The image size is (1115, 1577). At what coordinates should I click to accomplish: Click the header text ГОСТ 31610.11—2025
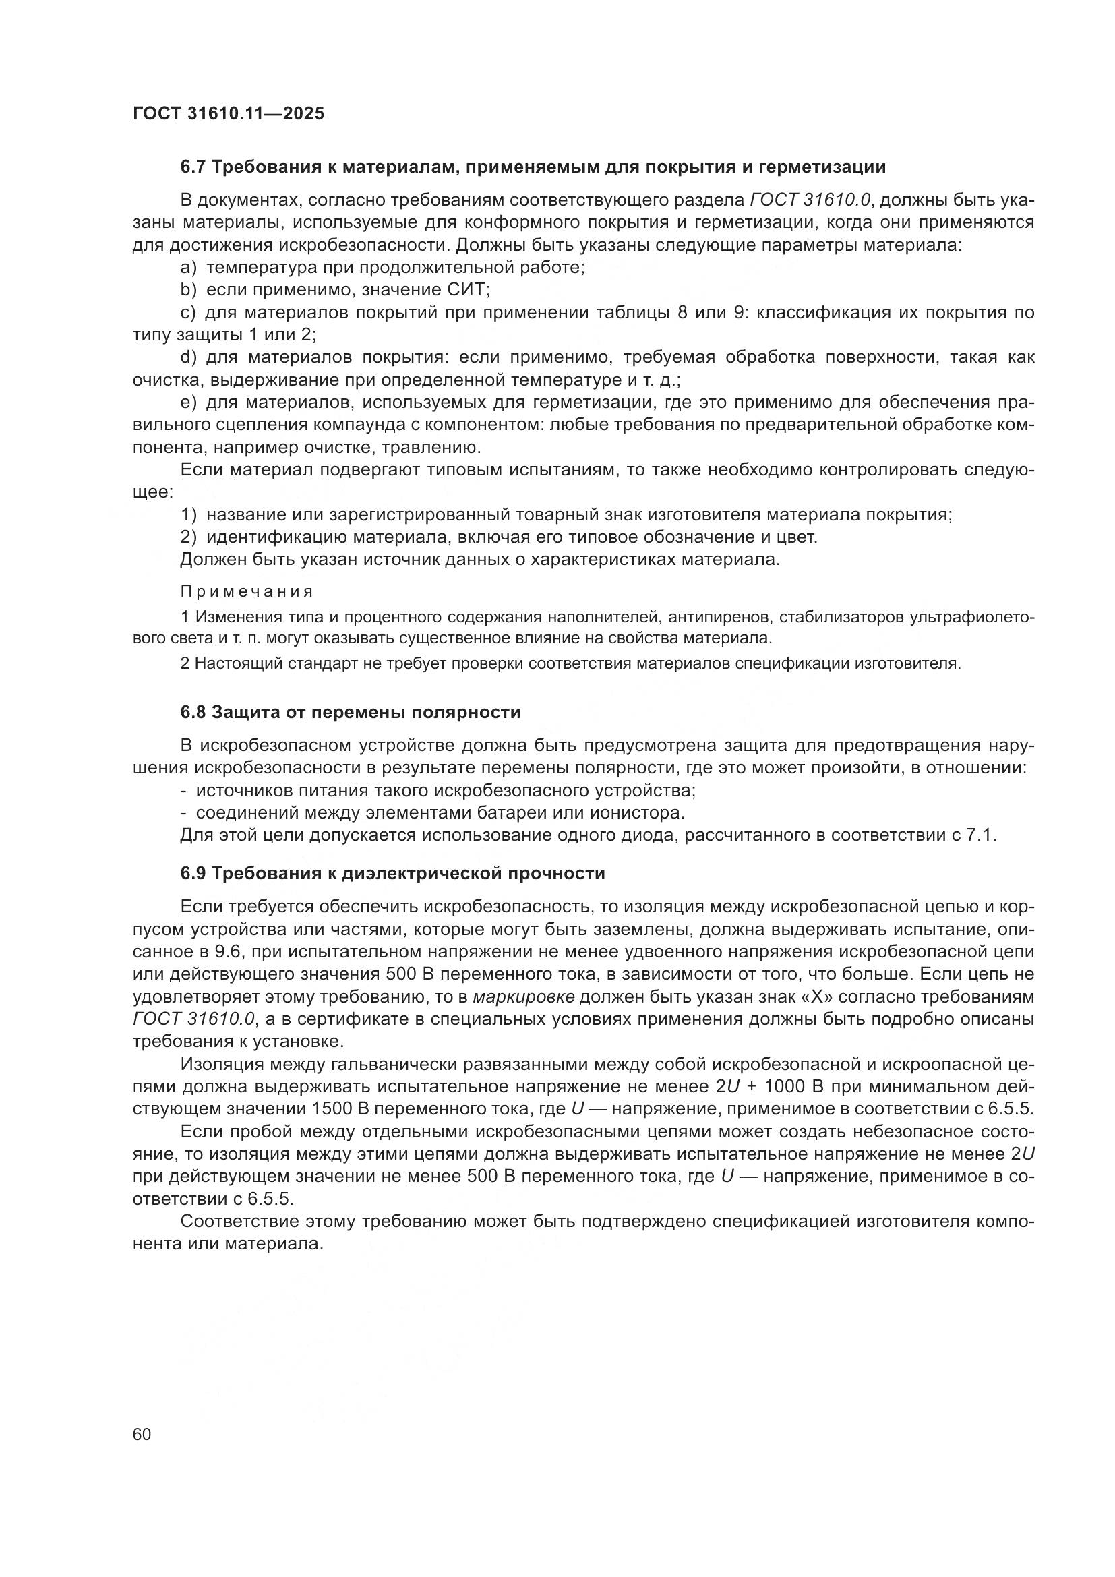coord(228,113)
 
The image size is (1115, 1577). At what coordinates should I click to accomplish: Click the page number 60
coord(142,1434)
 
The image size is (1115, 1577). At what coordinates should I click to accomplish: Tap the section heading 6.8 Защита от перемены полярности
coord(350,712)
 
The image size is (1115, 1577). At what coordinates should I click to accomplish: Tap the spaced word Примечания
coord(247,591)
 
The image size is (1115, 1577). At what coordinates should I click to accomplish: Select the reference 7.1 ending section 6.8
coord(982,836)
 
